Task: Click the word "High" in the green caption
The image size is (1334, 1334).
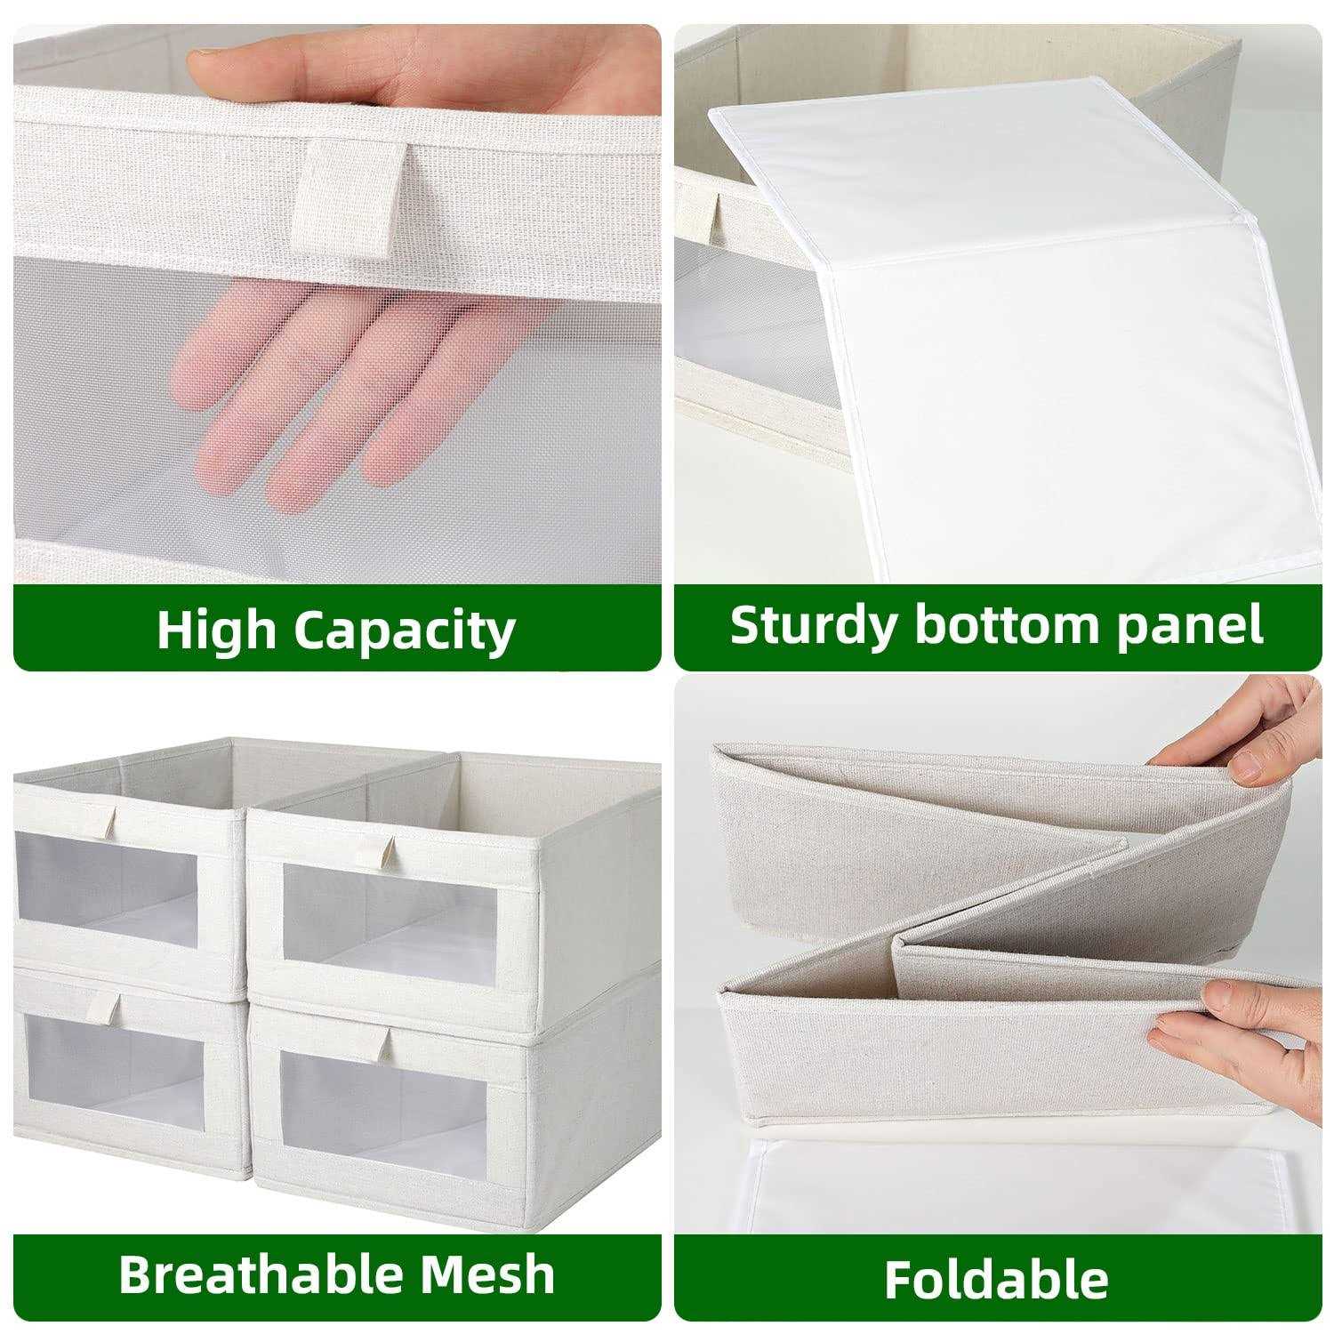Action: point(217,630)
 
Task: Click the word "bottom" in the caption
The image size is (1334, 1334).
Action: point(1002,625)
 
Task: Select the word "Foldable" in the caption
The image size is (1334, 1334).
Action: point(996,1279)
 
